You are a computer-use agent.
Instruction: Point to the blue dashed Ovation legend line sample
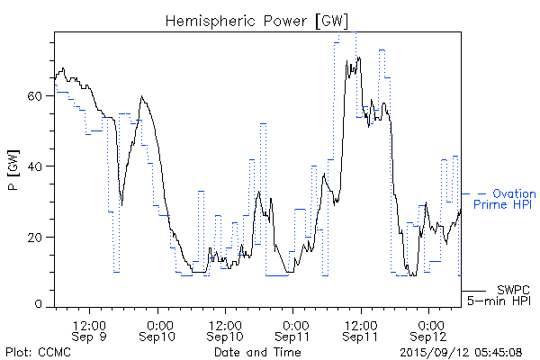(x=475, y=193)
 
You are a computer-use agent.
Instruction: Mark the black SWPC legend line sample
(x=474, y=291)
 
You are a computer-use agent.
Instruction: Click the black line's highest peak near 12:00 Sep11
(x=358, y=58)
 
